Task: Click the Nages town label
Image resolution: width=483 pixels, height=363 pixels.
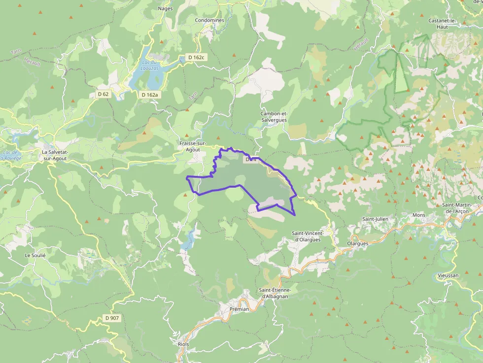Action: coord(165,8)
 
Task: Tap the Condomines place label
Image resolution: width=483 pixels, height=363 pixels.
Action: coord(209,20)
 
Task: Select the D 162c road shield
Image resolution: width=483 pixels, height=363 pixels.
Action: coord(196,58)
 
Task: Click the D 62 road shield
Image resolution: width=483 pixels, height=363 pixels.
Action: coord(103,94)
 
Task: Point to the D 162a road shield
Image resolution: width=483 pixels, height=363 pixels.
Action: coord(149,95)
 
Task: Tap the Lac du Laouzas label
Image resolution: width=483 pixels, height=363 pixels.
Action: coord(149,65)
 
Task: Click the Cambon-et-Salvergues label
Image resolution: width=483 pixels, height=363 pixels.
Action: coord(274,117)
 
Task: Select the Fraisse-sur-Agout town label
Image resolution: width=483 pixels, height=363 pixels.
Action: coord(193,146)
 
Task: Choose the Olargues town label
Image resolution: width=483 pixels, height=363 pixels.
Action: coord(357,243)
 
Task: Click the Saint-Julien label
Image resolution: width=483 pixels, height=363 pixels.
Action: coord(375,219)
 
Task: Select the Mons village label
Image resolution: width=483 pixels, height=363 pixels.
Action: coord(418,215)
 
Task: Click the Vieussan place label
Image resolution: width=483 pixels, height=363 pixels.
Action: coord(448,275)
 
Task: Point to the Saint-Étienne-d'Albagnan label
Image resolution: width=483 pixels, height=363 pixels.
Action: coord(275,293)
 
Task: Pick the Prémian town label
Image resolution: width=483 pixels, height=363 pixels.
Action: coord(240,309)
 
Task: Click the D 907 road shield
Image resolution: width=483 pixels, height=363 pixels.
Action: coord(112,318)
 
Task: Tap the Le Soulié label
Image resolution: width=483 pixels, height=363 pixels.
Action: coord(35,256)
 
